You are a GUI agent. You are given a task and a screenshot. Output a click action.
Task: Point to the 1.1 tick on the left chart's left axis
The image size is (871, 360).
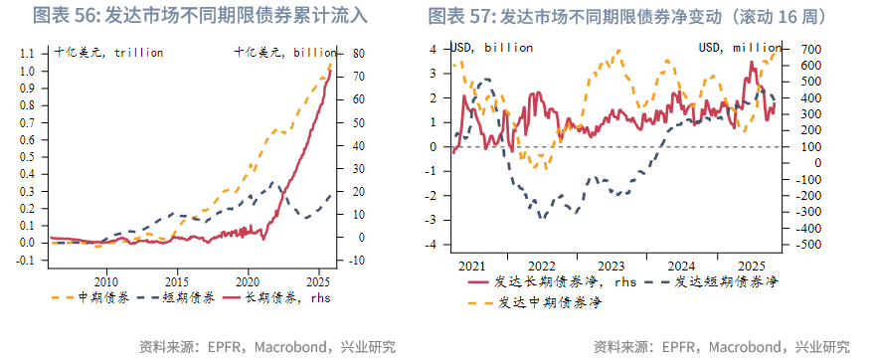(29, 53)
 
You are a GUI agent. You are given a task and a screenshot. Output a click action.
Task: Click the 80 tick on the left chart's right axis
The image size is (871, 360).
(352, 54)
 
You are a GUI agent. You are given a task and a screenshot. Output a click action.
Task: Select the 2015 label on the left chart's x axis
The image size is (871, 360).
(177, 280)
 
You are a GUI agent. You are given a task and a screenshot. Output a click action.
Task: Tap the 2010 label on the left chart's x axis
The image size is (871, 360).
(106, 280)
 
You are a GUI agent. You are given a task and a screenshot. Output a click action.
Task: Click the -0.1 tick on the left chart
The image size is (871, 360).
(27, 261)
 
